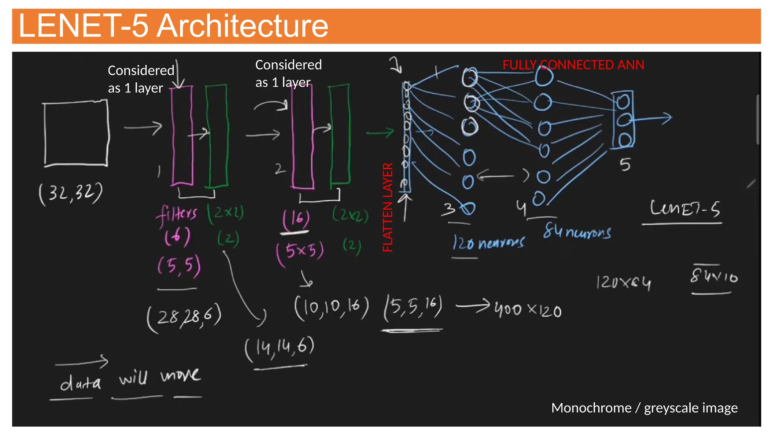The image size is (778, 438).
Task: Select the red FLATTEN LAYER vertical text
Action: click(x=387, y=207)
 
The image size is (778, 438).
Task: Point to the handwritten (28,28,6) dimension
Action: click(x=185, y=317)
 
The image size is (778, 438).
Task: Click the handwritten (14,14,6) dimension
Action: click(x=280, y=348)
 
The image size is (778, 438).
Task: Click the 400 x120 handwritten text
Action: click(x=528, y=310)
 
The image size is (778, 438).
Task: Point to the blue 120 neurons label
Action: click(x=489, y=243)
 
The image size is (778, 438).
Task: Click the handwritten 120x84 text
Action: click(x=623, y=282)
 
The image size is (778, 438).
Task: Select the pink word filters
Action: click(x=177, y=214)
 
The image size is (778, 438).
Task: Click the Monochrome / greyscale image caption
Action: click(x=644, y=408)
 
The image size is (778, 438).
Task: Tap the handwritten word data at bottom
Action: click(x=81, y=382)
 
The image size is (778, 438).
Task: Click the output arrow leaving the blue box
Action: click(x=653, y=119)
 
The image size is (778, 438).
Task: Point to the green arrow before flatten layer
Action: click(x=380, y=133)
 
